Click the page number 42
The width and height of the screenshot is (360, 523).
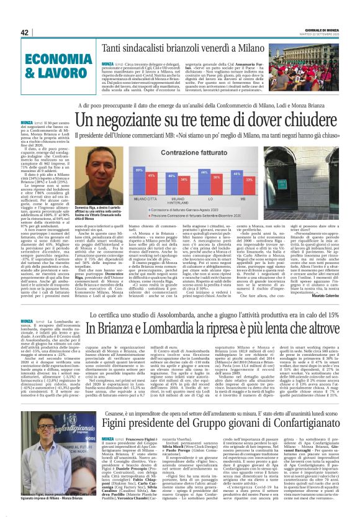(25, 32)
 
